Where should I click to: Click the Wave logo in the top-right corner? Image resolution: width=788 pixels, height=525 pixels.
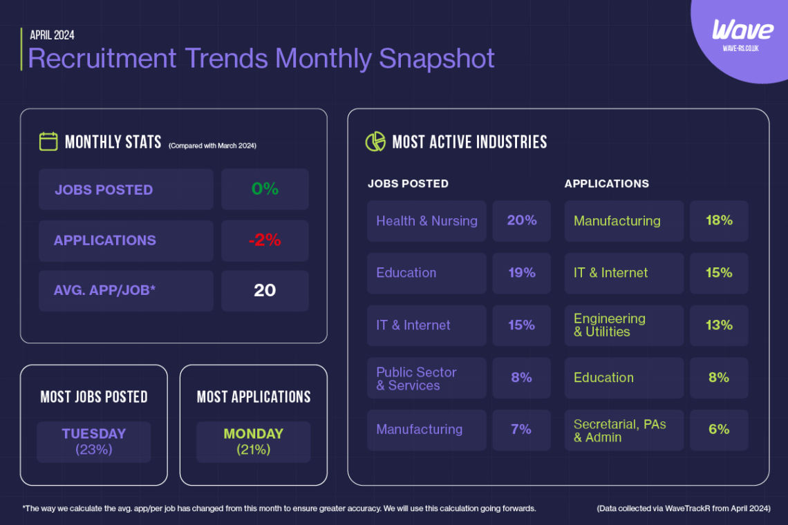tap(742, 31)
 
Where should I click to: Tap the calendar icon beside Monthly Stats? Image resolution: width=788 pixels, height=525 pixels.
tap(48, 142)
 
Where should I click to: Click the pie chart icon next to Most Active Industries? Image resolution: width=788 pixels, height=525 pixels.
tap(375, 142)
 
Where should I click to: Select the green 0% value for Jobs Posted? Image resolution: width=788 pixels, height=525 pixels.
tap(265, 189)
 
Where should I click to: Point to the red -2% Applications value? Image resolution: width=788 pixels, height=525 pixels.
tap(265, 240)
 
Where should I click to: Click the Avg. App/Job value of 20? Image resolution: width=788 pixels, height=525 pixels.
tap(265, 291)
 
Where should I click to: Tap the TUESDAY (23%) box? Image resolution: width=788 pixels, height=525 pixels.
tap(94, 441)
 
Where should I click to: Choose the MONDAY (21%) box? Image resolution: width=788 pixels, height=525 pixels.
tap(253, 441)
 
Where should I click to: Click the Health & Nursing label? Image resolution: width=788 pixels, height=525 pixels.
tap(426, 221)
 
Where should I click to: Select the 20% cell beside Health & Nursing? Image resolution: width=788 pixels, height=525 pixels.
tap(521, 221)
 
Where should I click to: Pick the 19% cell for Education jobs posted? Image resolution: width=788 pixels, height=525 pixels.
tap(521, 273)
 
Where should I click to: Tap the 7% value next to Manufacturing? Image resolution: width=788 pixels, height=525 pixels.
tap(521, 430)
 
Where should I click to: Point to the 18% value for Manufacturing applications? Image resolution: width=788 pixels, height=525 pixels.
tap(719, 221)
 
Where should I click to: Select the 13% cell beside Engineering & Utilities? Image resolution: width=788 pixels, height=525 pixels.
tap(719, 325)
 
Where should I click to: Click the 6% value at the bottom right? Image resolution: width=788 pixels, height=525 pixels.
tap(719, 430)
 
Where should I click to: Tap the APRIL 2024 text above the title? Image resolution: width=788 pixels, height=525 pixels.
tap(52, 35)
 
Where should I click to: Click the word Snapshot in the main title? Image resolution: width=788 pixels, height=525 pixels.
tap(437, 59)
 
